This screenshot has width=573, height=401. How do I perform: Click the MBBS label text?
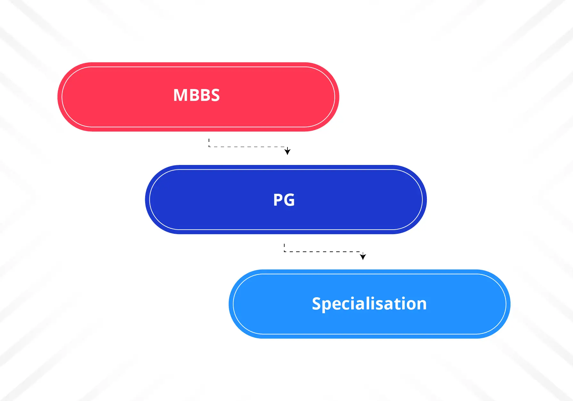click(x=196, y=95)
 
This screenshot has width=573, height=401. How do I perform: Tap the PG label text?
click(x=284, y=200)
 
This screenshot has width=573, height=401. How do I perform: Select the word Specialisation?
click(x=369, y=304)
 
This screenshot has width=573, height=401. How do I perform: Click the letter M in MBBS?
click(x=180, y=95)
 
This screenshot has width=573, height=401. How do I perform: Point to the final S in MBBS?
click(x=215, y=95)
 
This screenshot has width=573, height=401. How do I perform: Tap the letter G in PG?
click(x=289, y=200)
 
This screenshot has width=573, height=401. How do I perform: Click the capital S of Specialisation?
click(x=317, y=303)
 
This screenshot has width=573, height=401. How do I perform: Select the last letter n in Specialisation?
click(x=422, y=305)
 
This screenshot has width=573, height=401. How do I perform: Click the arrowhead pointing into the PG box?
click(x=287, y=151)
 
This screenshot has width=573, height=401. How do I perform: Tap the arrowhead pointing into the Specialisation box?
click(x=363, y=256)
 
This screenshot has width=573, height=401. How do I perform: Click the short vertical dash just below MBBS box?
click(x=209, y=141)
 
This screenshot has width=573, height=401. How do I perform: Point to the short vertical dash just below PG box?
click(x=284, y=246)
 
